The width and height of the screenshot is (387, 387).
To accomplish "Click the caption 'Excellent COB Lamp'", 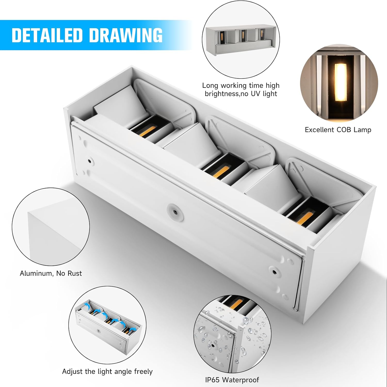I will pos(338,130).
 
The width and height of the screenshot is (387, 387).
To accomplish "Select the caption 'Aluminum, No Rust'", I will pos(51,273).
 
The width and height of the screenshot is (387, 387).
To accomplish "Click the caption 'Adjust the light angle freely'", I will pos(107,371).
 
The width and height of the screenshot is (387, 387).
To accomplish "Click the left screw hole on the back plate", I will pos(90,161).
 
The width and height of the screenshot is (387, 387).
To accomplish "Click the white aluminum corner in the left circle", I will pos(52,233).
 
